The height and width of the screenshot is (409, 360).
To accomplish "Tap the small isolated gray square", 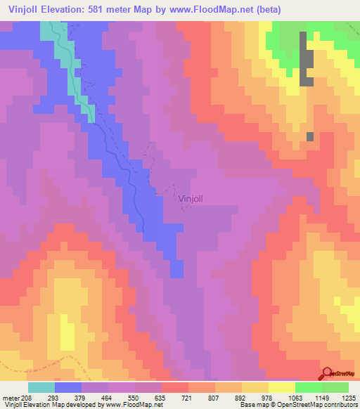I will tap(309, 136).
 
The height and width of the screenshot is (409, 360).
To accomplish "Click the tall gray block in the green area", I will tap(306, 60).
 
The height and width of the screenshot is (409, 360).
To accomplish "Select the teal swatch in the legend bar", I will tap(41, 387).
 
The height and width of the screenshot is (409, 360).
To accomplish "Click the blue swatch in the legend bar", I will tap(68, 387).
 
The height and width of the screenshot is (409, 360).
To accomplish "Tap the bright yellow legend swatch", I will tap(282, 387).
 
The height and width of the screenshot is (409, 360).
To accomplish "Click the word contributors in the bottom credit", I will tap(337, 405).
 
